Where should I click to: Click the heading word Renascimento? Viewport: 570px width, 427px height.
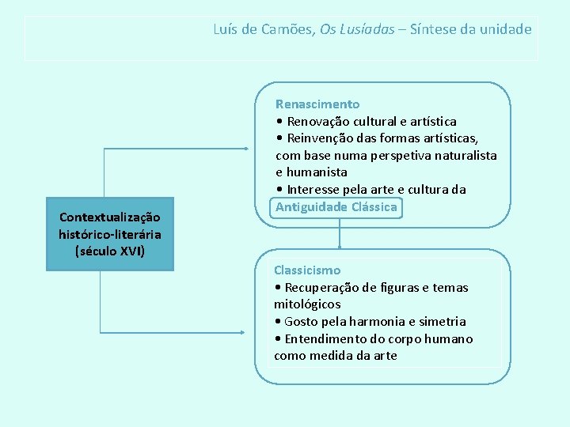click(x=317, y=104)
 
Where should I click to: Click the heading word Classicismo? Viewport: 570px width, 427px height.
click(x=307, y=270)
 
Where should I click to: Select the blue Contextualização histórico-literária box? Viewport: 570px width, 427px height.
click(x=109, y=234)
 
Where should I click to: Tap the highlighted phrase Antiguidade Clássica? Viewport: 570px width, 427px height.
click(x=336, y=207)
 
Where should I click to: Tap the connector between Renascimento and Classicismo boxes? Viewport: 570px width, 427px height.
click(x=340, y=233)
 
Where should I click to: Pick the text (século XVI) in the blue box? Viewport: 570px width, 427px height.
click(x=109, y=251)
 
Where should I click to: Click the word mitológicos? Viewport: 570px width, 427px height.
click(x=307, y=304)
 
